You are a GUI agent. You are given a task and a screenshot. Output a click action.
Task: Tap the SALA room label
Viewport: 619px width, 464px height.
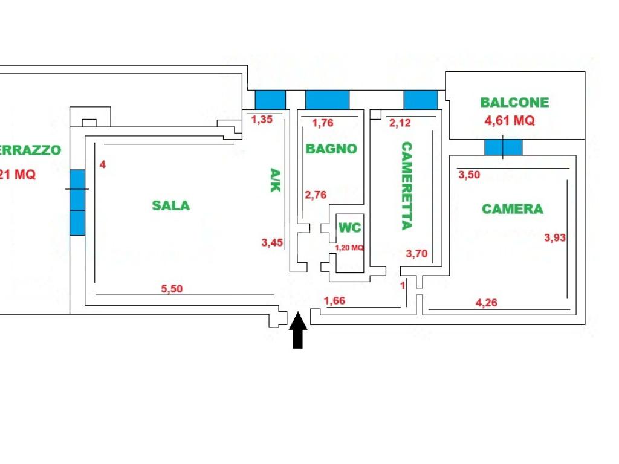click(170, 205)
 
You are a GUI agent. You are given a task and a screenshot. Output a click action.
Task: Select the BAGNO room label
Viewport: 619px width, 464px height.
click(331, 149)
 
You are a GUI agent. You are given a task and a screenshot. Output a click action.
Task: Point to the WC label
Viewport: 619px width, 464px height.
click(349, 228)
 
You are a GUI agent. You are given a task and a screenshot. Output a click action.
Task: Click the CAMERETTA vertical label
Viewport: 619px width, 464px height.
click(406, 185)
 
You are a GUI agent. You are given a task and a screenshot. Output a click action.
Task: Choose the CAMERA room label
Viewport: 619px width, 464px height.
click(513, 209)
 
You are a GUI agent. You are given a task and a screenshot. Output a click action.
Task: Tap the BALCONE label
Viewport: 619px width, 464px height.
click(514, 103)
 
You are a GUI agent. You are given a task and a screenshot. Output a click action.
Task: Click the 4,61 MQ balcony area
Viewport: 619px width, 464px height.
click(510, 120)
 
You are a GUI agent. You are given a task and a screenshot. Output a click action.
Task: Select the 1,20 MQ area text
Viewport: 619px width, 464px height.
click(349, 247)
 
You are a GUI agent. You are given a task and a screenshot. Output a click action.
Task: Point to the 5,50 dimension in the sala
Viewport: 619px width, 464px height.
click(172, 289)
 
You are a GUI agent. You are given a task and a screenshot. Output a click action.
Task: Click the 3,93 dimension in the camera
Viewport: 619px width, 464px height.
click(555, 237)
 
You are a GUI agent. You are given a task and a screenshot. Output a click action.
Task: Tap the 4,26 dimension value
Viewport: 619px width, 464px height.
click(487, 303)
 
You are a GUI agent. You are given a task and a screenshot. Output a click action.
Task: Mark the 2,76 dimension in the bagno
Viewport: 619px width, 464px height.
click(316, 195)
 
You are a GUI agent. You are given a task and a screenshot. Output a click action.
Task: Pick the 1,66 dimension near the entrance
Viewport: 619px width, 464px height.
click(334, 301)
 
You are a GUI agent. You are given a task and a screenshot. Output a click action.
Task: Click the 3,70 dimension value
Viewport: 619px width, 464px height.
click(416, 254)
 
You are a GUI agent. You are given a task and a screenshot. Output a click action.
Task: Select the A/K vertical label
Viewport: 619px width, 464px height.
click(274, 180)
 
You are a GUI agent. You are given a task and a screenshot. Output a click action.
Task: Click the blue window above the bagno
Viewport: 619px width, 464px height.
click(328, 100)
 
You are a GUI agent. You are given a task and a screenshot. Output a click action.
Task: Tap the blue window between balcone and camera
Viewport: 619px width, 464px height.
click(503, 147)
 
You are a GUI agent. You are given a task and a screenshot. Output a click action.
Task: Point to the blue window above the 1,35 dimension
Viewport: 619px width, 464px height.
click(270, 100)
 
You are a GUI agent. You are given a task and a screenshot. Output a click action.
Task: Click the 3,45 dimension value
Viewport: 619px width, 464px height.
click(272, 243)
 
